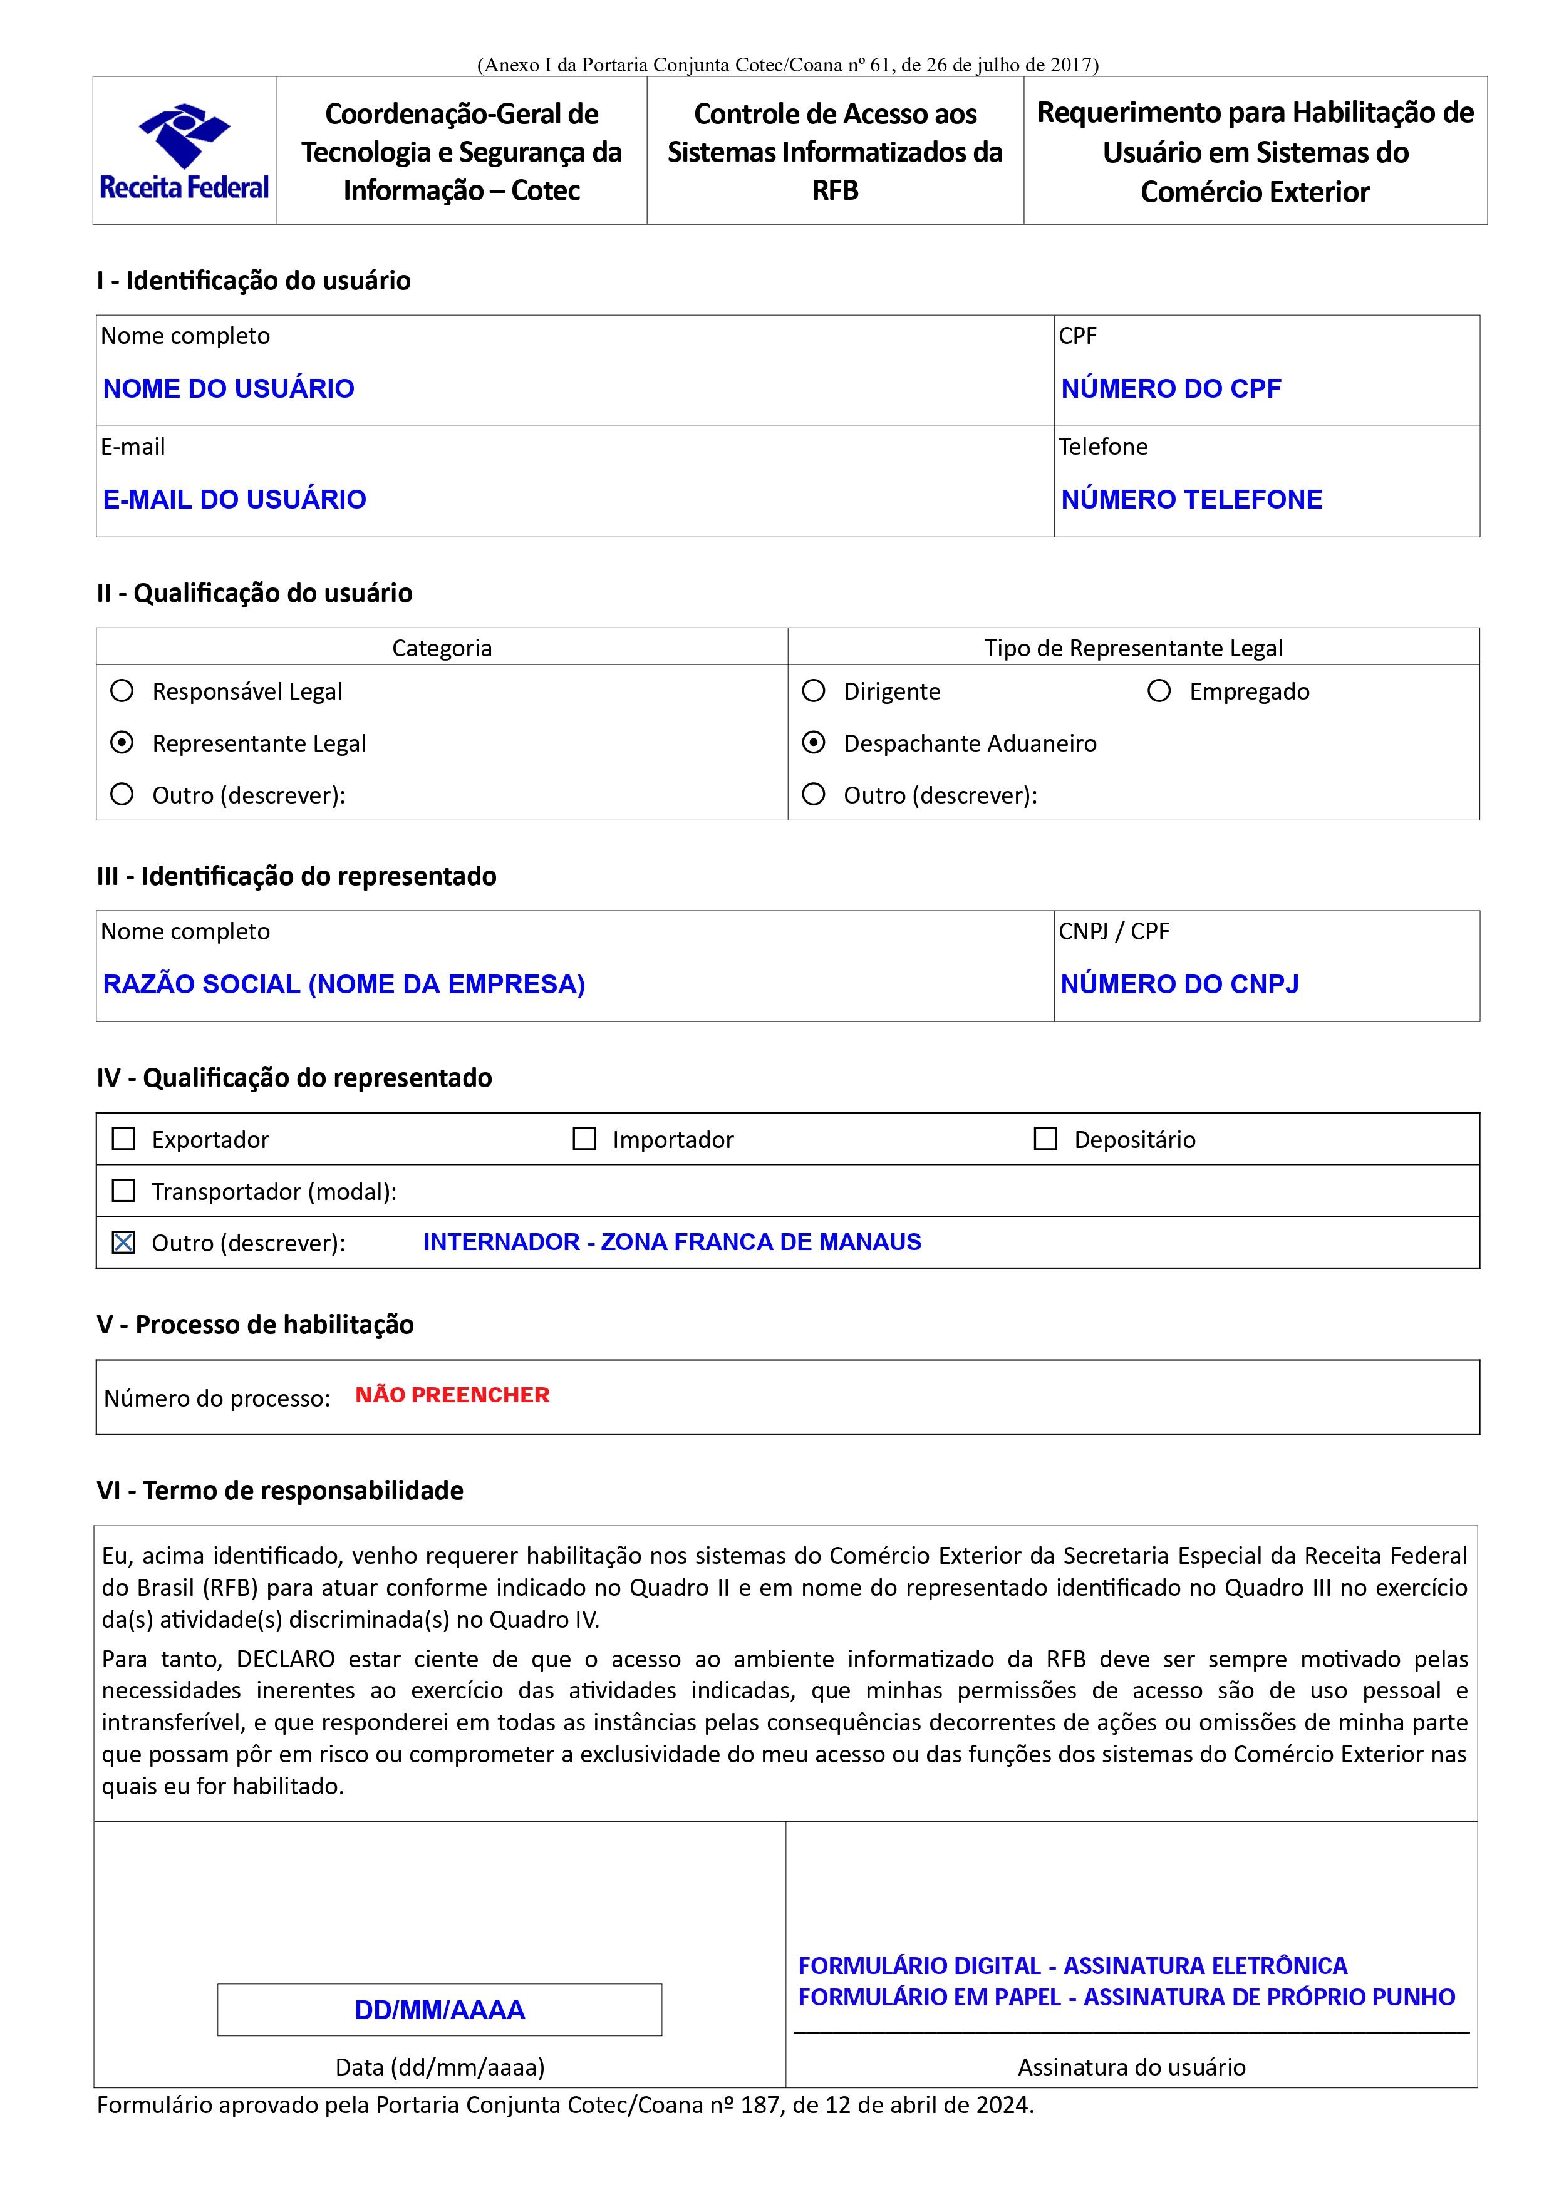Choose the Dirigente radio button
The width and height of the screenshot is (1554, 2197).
click(x=814, y=691)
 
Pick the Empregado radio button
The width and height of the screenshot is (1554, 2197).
click(x=1159, y=691)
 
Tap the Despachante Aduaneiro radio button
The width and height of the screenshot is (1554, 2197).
click(x=814, y=743)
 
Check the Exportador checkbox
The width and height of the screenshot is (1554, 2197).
click(x=123, y=1139)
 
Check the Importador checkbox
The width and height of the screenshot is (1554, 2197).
click(x=584, y=1139)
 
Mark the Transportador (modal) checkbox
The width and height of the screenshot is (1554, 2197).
click(x=123, y=1191)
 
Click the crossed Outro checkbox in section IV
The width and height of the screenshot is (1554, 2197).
click(x=123, y=1242)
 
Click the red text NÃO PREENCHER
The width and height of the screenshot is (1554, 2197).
click(x=453, y=1395)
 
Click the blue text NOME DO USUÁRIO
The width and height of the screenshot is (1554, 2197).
click(x=229, y=388)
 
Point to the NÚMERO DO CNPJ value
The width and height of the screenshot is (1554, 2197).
click(x=1180, y=984)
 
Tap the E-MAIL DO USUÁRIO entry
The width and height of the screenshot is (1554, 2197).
click(x=234, y=500)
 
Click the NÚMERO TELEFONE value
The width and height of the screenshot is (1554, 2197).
click(x=1191, y=500)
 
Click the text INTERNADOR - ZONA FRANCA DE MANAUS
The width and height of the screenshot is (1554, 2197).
click(x=671, y=1242)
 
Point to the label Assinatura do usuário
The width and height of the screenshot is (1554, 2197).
click(x=1131, y=2067)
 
